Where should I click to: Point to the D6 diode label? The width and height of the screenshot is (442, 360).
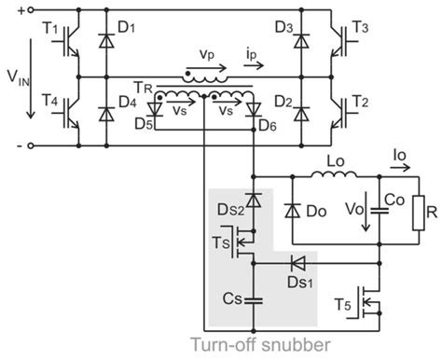coord(269,123)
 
